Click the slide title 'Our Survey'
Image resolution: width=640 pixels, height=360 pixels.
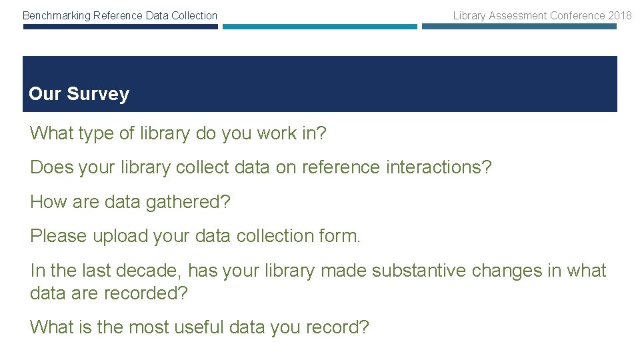pyautogui.click(x=79, y=94)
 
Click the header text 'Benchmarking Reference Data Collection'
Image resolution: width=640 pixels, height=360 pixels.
pyautogui.click(x=120, y=15)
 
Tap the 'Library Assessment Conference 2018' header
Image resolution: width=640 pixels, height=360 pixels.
pyautogui.click(x=542, y=15)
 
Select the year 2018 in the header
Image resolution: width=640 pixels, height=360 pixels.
pyautogui.click(x=619, y=15)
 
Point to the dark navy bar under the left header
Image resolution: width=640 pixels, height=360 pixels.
pyautogui.click(x=120, y=27)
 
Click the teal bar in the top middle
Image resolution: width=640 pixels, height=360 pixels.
pyautogui.click(x=319, y=27)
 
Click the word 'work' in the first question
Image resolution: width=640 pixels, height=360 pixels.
pyautogui.click(x=275, y=133)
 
